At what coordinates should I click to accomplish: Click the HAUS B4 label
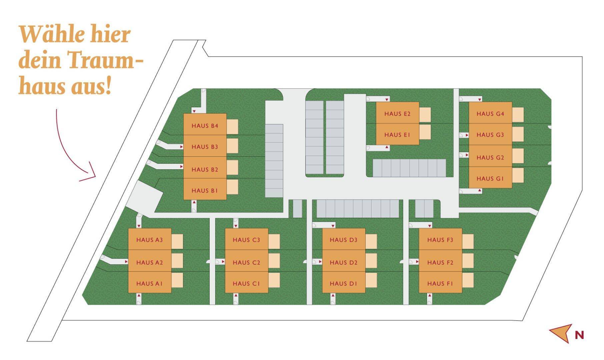tap(205, 126)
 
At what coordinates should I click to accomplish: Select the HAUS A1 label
tap(149, 284)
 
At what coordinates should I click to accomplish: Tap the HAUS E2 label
tap(397, 114)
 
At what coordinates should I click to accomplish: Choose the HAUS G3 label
tap(490, 135)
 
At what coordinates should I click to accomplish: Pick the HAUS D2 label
tap(343, 263)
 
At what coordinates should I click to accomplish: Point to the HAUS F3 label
tap(440, 240)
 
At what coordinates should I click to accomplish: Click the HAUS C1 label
tap(246, 284)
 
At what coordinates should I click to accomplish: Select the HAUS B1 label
tap(204, 191)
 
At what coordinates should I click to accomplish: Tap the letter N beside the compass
tap(579, 335)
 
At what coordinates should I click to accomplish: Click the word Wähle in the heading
tap(48, 34)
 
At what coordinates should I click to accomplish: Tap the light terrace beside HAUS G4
tap(518, 115)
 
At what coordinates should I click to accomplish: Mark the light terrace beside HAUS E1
tap(425, 132)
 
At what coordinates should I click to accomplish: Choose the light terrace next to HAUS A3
tap(177, 241)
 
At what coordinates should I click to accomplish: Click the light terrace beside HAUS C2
tap(274, 261)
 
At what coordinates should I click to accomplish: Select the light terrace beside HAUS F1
tap(468, 280)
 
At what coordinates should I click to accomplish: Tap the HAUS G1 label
tap(490, 179)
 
